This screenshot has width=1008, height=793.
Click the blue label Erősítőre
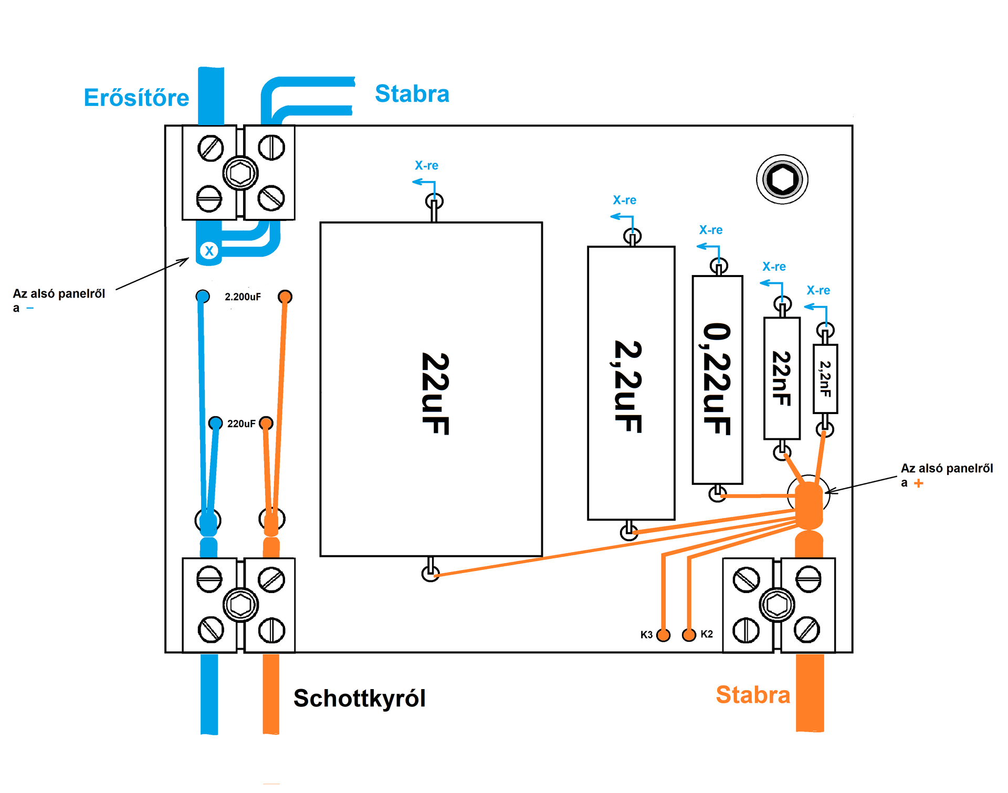tap(136, 98)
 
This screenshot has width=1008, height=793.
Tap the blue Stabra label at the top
tap(412, 94)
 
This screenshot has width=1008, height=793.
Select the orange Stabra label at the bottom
tap(753, 695)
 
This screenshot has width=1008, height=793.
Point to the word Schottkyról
tap(360, 699)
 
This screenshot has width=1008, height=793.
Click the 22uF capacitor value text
tap(435, 394)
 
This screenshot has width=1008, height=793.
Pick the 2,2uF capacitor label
tap(628, 387)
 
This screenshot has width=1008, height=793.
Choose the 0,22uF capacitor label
tap(717, 379)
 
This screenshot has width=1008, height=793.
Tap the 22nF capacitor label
tap(782, 378)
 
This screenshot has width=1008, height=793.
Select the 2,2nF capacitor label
tap(825, 379)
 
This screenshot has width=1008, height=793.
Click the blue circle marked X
tap(209, 251)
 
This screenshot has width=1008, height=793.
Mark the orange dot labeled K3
tap(664, 635)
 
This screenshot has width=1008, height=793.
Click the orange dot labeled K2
tap(689, 635)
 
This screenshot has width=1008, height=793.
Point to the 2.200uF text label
tap(243, 297)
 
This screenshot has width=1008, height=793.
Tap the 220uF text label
tap(241, 424)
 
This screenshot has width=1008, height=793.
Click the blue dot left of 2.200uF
tap(203, 297)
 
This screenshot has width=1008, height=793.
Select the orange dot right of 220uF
tap(266, 423)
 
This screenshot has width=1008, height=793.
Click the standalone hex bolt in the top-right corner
tap(782, 179)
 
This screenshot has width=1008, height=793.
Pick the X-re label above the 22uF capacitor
tap(426, 165)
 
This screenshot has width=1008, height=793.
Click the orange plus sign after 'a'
tap(918, 483)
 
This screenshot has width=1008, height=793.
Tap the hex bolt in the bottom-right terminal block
tap(777, 605)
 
